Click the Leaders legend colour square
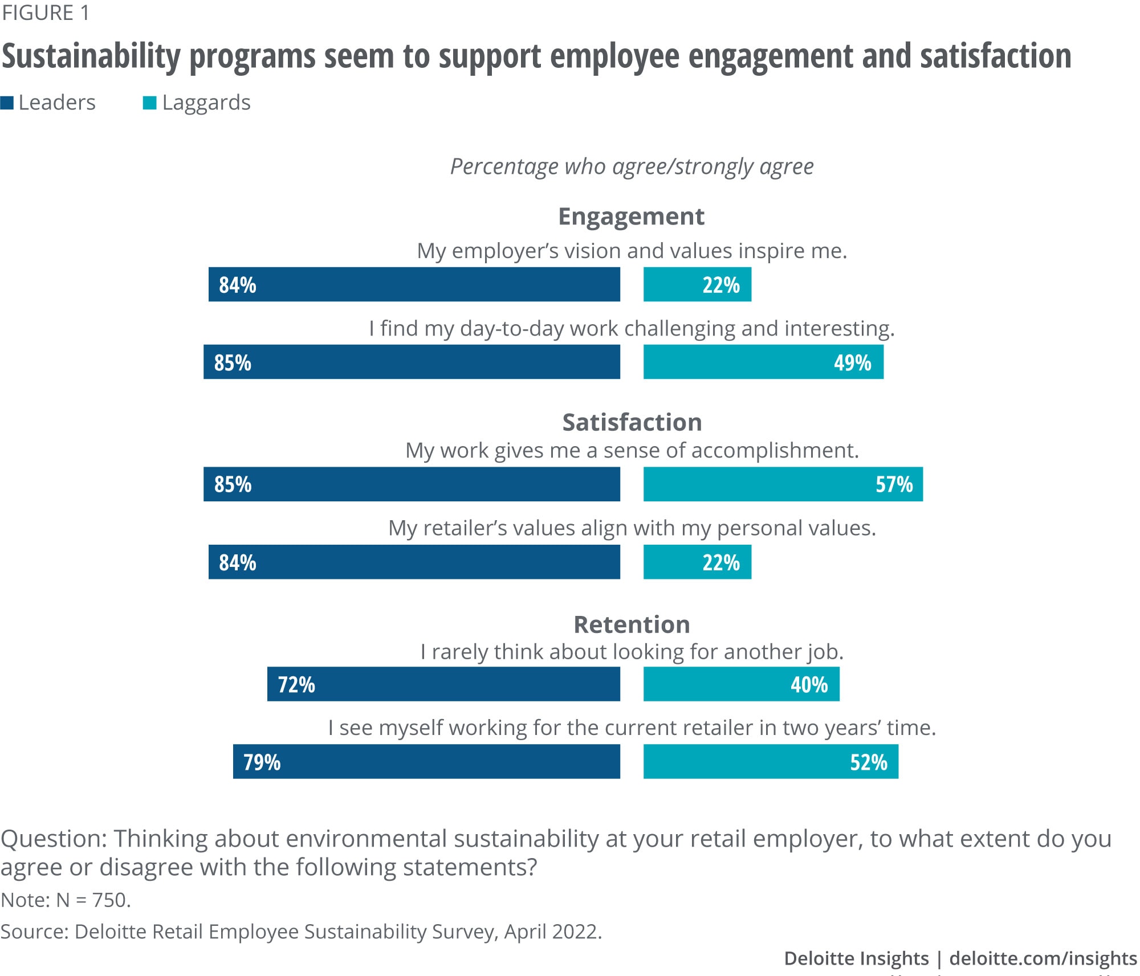7,103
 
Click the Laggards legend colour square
149,103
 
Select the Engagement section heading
631,217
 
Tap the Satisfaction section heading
632,422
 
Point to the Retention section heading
632,624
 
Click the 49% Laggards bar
763,362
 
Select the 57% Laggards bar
783,484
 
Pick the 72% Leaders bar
443,684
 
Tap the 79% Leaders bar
426,761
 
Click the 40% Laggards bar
741,684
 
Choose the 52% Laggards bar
771,761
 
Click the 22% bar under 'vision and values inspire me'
697,284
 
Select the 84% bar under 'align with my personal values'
414,562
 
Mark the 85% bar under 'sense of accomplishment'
412,484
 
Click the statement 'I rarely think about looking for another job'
632,652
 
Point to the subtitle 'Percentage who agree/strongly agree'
632,166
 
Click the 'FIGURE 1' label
46,13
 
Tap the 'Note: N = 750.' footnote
66,900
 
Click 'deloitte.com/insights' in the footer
1043,958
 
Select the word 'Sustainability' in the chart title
91,56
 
